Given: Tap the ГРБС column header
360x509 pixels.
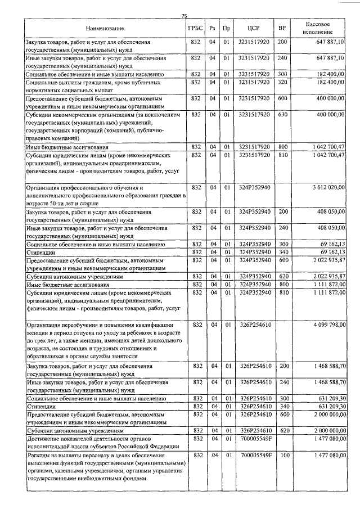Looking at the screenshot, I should pyautogui.click(x=196, y=28).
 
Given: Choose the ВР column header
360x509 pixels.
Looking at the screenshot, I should pyautogui.click(x=282, y=28).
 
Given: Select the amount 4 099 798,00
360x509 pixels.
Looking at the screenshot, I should pyautogui.click(x=327, y=325).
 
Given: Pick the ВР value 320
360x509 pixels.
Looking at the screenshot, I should pyautogui.click(x=282, y=82).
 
